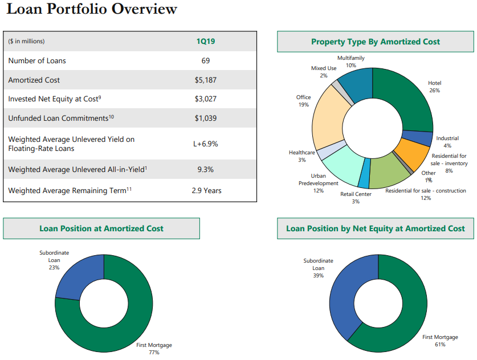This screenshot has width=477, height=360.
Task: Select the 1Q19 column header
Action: tap(205, 41)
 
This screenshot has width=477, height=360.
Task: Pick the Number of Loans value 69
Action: tap(205, 60)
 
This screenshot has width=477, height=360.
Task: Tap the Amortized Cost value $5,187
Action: tap(205, 80)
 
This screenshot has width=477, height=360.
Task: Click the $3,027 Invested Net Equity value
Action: tap(205, 99)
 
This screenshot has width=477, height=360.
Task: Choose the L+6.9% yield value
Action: tap(205, 144)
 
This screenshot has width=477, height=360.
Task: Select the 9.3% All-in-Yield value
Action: tap(205, 169)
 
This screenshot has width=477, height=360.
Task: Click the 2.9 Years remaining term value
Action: tap(206, 190)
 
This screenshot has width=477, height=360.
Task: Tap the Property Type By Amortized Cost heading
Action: tap(375, 42)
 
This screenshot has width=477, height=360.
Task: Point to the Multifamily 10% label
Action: tap(351, 62)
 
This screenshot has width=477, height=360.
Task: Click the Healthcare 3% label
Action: tap(301, 156)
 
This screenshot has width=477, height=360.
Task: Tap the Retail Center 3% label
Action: tap(356, 198)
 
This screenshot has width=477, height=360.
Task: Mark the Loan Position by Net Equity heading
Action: tap(375, 228)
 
